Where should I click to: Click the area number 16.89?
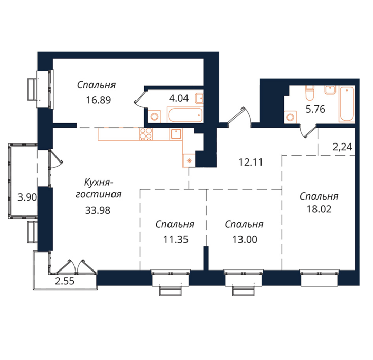(99, 100)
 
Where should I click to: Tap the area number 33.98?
(98, 210)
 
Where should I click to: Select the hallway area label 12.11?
(251, 163)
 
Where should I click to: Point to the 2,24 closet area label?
(342, 147)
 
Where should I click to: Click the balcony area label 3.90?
(27, 197)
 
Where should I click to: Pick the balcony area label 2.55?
(65, 281)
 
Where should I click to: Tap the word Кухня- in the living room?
(99, 183)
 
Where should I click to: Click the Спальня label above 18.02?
(319, 196)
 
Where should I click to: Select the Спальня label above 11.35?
(175, 225)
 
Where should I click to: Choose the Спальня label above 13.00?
(244, 225)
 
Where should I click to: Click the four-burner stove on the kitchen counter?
(145, 134)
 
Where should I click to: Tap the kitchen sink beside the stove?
(176, 134)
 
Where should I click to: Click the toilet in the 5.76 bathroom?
(309, 93)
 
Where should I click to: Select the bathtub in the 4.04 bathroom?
(185, 115)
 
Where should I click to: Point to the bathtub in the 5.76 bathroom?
(347, 104)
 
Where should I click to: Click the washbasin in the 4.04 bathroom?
(199, 98)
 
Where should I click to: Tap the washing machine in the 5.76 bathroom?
(290, 117)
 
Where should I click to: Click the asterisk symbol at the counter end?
(190, 160)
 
